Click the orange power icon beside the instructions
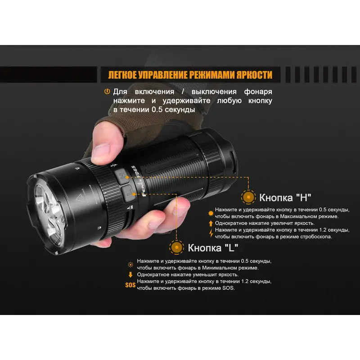click(x=107, y=92)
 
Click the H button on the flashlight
click(x=122, y=176)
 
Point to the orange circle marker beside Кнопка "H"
click(x=248, y=197)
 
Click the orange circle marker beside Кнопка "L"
click(x=176, y=247)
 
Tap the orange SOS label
click(x=130, y=285)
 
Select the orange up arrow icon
click(x=211, y=223)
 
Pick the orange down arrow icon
click(x=130, y=274)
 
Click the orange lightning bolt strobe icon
click(x=211, y=233)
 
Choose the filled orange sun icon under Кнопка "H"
click(x=211, y=213)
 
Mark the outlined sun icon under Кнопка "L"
click(x=130, y=265)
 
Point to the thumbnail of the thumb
click(x=101, y=152)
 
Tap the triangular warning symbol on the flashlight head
click(x=80, y=198)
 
